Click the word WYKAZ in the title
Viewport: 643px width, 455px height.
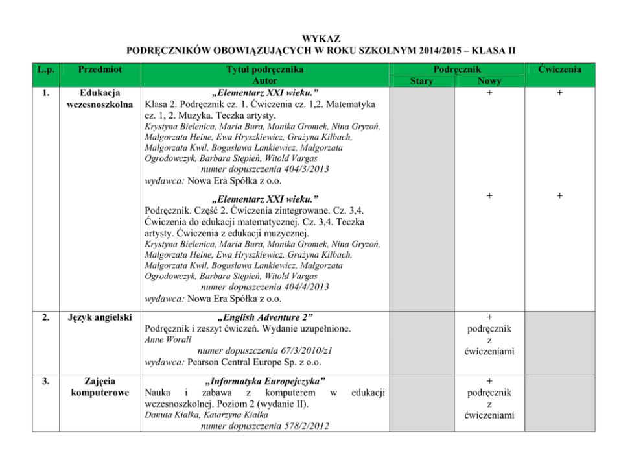click(321, 39)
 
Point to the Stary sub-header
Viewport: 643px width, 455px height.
click(421, 81)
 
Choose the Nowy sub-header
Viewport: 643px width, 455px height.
click(489, 81)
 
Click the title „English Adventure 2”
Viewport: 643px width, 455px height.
click(265, 317)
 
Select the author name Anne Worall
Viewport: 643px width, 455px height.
click(168, 340)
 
